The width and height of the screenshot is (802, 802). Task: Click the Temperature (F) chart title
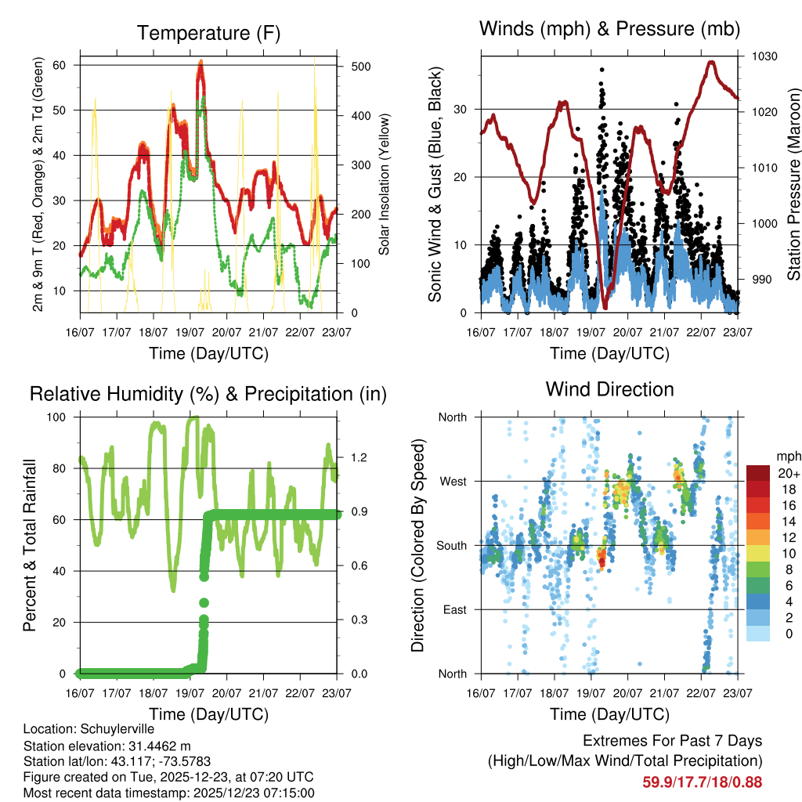pos(208,33)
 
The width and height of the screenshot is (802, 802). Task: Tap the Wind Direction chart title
pos(609,388)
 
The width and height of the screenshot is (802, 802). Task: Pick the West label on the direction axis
pos(452,481)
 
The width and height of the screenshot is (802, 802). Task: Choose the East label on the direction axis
pos(453,609)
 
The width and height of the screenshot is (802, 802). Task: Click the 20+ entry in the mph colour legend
pos(787,473)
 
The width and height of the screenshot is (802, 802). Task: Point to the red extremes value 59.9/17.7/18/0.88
pos(702,782)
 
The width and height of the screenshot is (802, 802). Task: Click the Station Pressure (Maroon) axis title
pos(793,185)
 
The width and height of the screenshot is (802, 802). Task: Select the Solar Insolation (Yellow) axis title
pos(384,185)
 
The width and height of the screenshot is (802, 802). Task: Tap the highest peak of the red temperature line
pos(200,62)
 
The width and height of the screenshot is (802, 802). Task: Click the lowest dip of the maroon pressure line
pos(604,308)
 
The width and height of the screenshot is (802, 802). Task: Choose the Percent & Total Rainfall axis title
pos(29,545)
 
